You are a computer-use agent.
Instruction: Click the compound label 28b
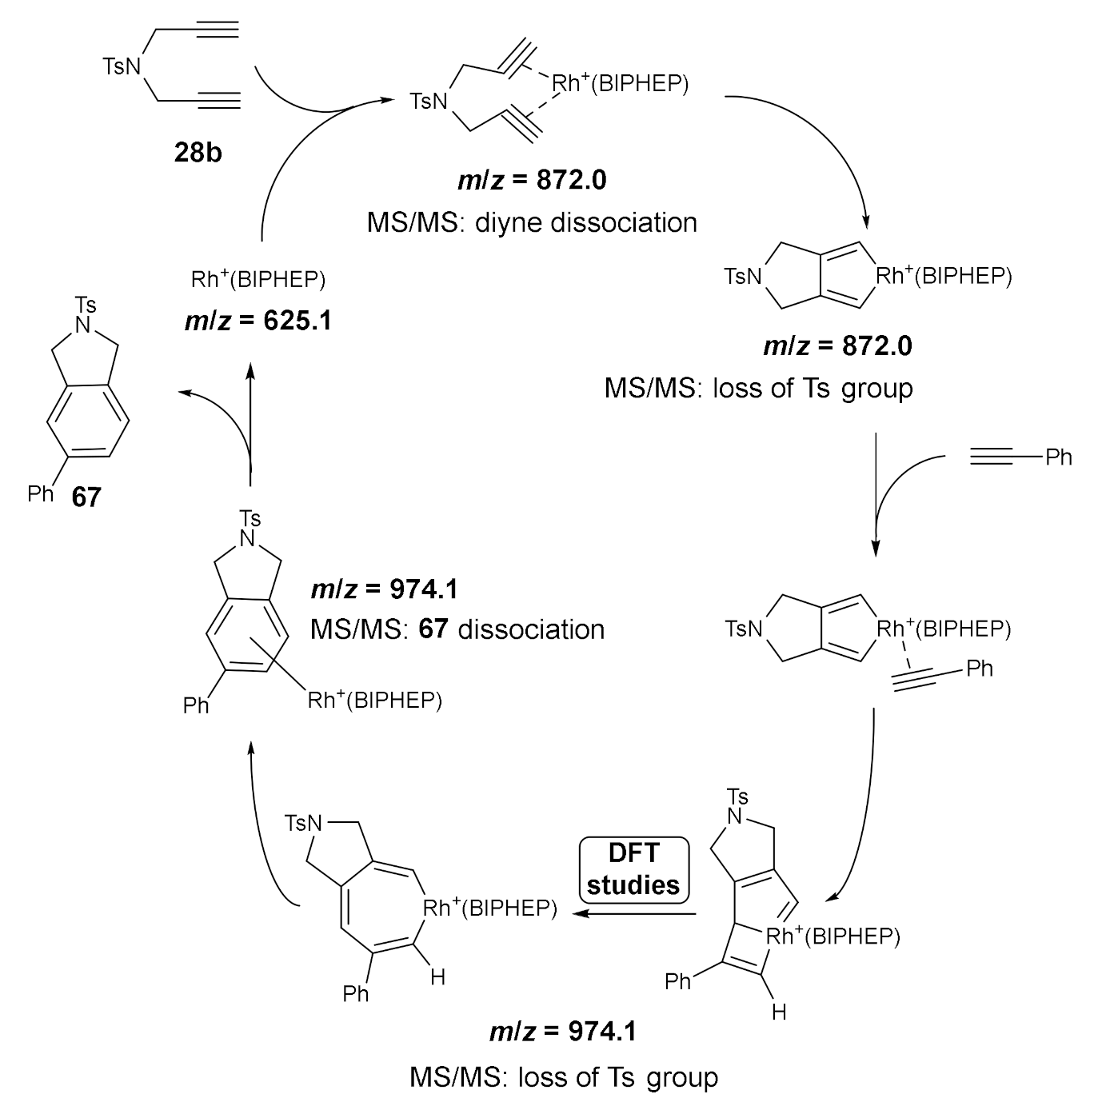(198, 152)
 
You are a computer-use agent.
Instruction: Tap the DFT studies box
(633, 869)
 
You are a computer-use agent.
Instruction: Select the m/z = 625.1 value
(258, 321)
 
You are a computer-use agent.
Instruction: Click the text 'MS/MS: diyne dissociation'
(532, 222)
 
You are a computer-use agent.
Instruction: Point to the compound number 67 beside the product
(86, 497)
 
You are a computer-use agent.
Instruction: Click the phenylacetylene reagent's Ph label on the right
(1059, 457)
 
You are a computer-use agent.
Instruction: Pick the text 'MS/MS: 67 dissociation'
(457, 629)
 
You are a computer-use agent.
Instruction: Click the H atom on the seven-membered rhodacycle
(437, 977)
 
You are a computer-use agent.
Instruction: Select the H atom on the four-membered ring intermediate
(779, 1012)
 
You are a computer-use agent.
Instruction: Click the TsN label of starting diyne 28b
(122, 66)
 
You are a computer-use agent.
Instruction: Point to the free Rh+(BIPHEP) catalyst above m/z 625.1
(258, 279)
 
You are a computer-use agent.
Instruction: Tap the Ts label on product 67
(86, 305)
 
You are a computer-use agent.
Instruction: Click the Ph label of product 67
(40, 493)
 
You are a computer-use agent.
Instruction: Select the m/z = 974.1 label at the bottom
(563, 1032)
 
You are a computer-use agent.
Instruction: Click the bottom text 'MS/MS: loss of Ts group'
(563, 1077)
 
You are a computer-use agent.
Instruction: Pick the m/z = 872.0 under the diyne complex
(532, 180)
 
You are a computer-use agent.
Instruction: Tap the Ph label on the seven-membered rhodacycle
(356, 993)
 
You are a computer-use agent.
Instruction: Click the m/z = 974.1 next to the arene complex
(384, 589)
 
